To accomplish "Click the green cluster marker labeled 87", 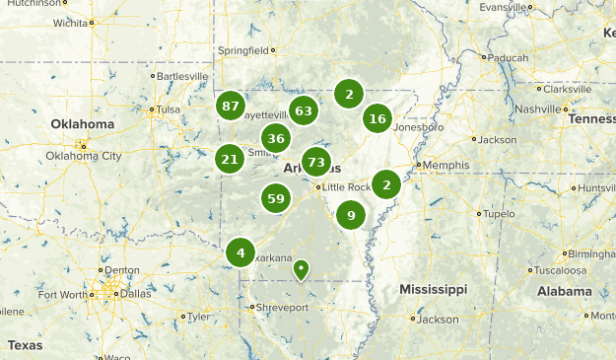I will pyautogui.click(x=231, y=106).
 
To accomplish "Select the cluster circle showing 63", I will pyautogui.click(x=303, y=110).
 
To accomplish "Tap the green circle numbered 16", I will pyautogui.click(x=376, y=118).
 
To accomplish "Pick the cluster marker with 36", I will pyautogui.click(x=276, y=138).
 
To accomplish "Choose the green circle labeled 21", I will pyautogui.click(x=230, y=158).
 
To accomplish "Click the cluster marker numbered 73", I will pyautogui.click(x=316, y=162).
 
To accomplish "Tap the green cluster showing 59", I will pyautogui.click(x=276, y=199).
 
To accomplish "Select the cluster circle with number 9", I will pyautogui.click(x=350, y=215).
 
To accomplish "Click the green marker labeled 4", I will pyautogui.click(x=240, y=252).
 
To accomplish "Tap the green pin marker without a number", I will pyautogui.click(x=301, y=268).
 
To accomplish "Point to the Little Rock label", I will pyautogui.click(x=347, y=186).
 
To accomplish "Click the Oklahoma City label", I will pyautogui.click(x=84, y=156).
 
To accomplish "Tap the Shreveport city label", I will pyautogui.click(x=283, y=308).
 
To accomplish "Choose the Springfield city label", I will pyautogui.click(x=242, y=50).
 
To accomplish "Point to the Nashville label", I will pyautogui.click(x=536, y=108).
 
